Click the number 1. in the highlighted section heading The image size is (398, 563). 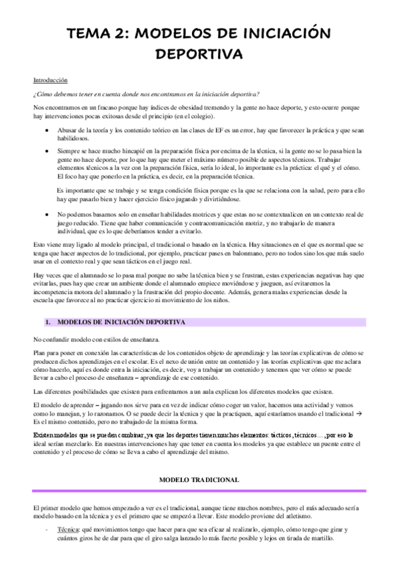point(48,321)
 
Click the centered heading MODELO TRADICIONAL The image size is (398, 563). point(200,459)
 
